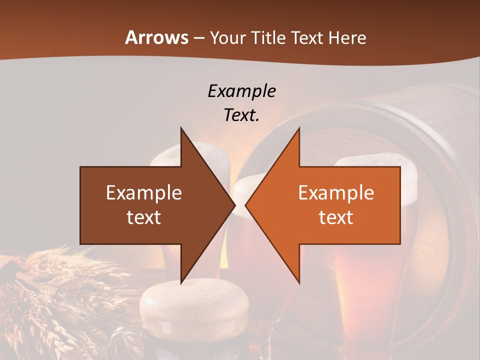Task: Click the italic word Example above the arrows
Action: point(242,91)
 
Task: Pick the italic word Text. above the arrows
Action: point(242,115)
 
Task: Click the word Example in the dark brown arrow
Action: point(144,193)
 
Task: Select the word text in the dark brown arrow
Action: point(144,217)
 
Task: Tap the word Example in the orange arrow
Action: point(336,193)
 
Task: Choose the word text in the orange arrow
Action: point(336,217)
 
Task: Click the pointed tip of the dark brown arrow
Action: point(234,205)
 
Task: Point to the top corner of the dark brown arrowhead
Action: point(181,128)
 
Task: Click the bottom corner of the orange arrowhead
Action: point(299,282)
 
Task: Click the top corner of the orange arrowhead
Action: point(299,128)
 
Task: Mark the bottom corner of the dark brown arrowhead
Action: point(181,282)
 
